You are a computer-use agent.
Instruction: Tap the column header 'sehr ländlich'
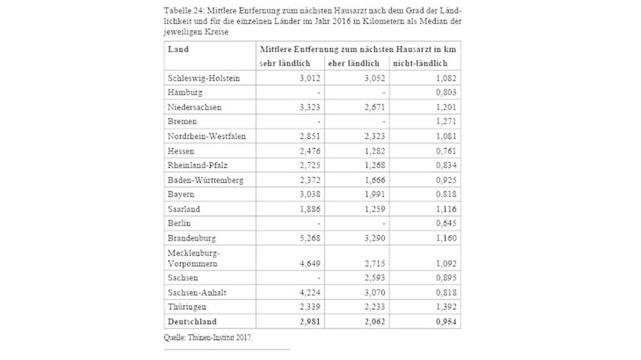(x=285, y=63)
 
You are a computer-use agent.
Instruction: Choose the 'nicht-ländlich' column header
(x=420, y=63)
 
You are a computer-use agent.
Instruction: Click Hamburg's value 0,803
(x=444, y=93)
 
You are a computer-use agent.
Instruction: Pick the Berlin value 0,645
(x=444, y=224)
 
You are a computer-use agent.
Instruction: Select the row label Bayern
(x=181, y=194)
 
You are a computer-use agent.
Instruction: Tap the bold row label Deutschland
(x=192, y=322)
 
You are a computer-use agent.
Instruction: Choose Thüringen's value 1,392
(x=444, y=307)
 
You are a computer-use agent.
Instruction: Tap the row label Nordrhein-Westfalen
(x=206, y=136)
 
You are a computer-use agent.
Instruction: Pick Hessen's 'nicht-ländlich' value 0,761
(x=444, y=151)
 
